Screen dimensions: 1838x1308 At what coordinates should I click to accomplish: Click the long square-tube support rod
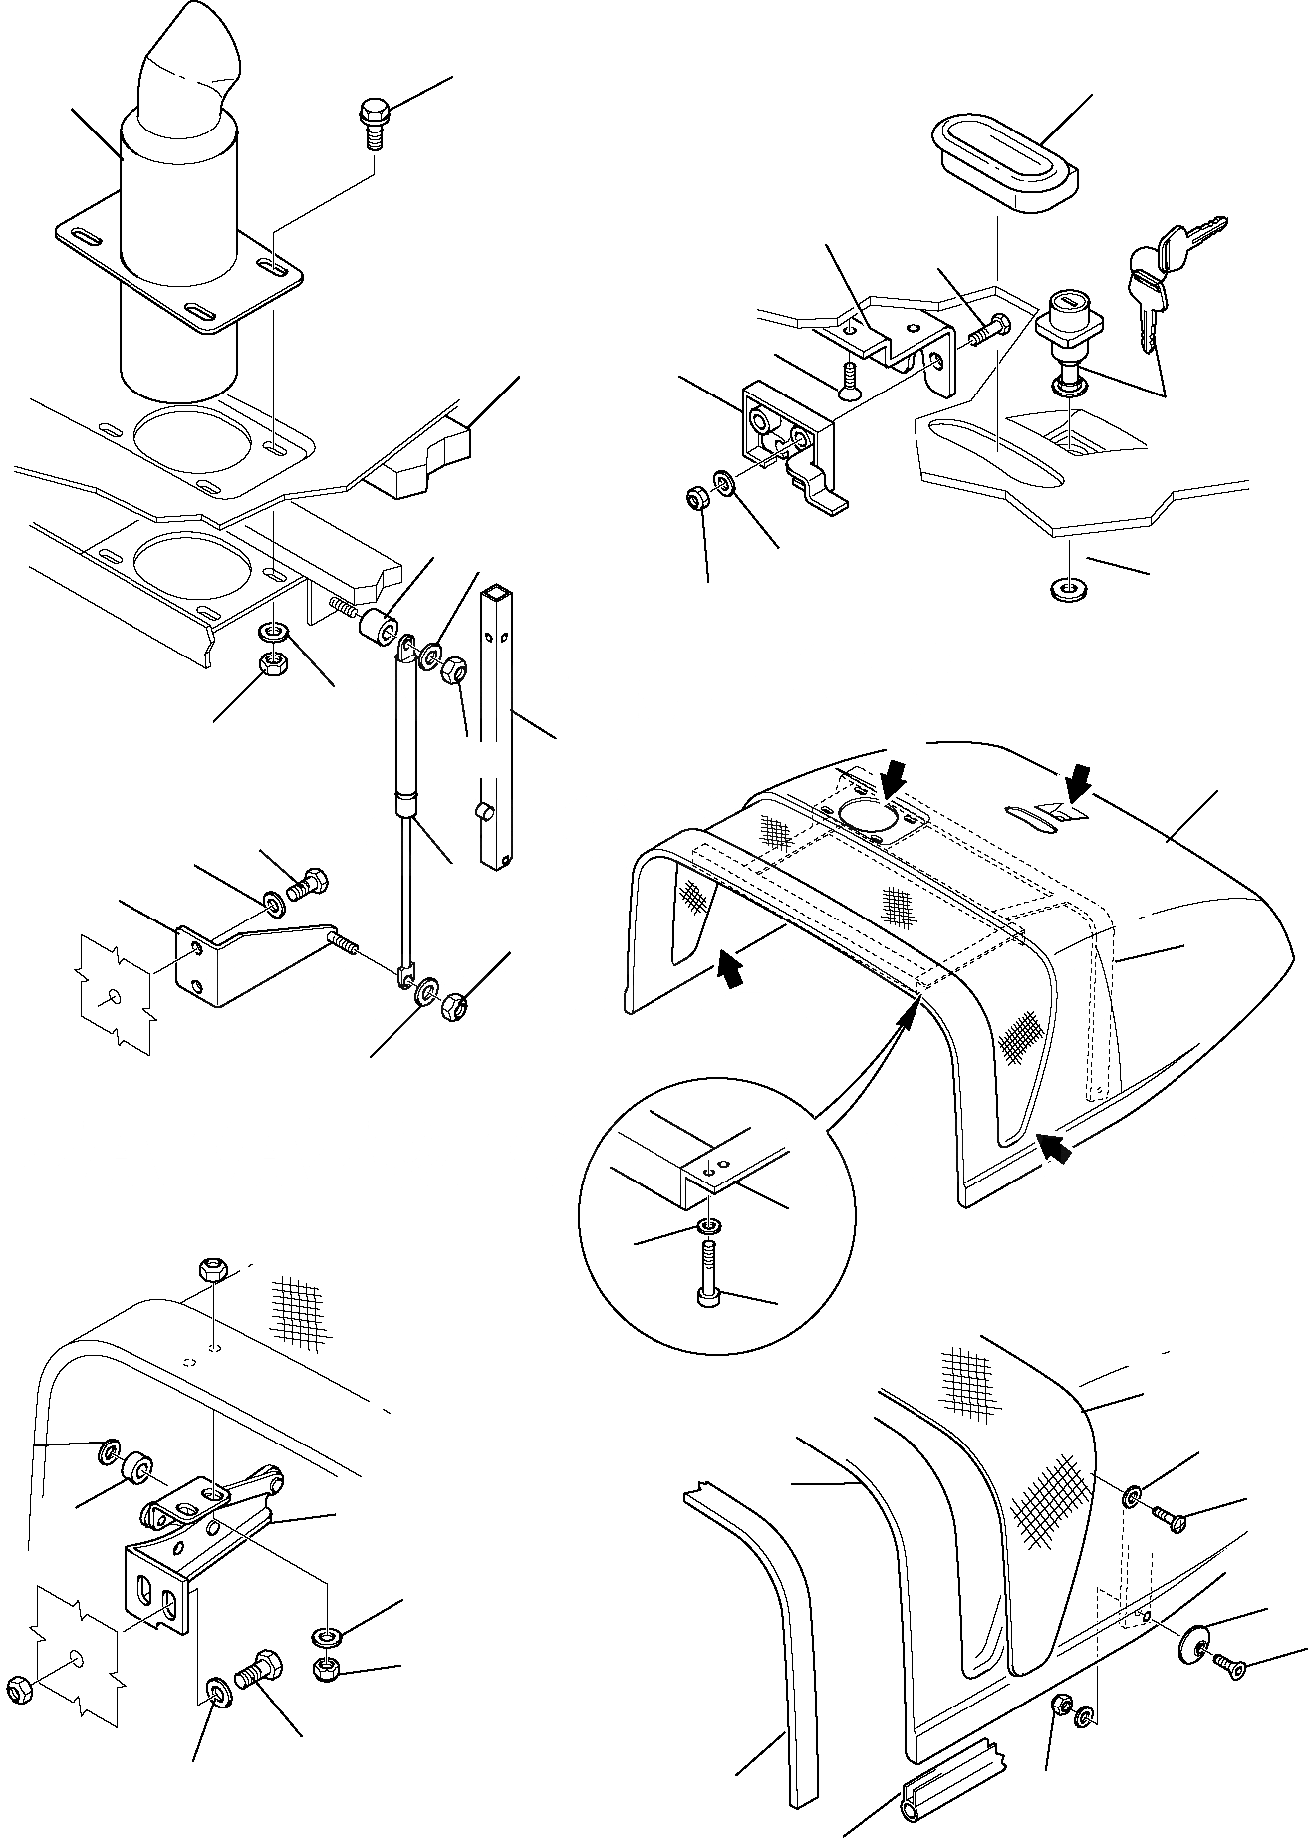click(x=496, y=727)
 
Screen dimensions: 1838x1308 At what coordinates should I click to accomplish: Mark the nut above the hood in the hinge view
click(x=212, y=1270)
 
